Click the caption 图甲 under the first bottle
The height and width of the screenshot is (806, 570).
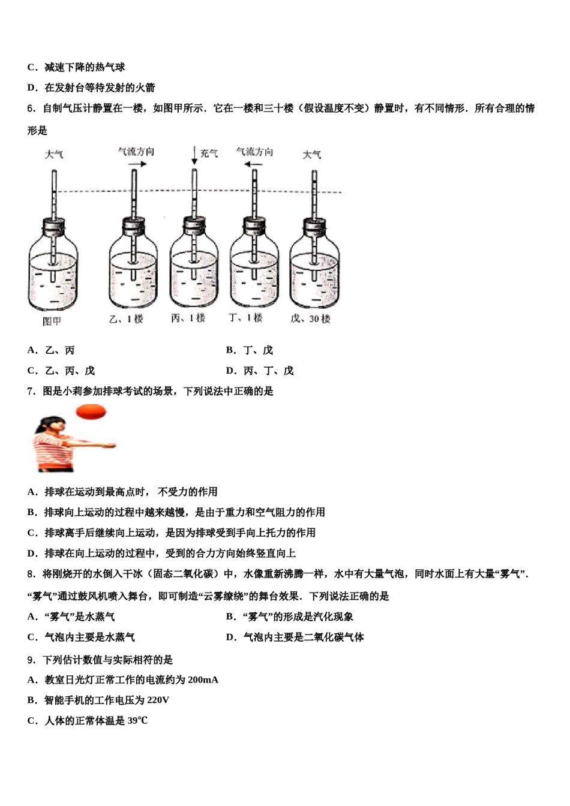click(52, 321)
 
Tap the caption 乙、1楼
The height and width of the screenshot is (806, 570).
click(126, 319)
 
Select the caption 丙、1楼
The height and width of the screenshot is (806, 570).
click(188, 318)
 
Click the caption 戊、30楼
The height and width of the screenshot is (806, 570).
click(310, 318)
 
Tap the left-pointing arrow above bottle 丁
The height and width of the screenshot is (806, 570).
click(254, 163)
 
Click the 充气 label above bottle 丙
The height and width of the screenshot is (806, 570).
click(209, 154)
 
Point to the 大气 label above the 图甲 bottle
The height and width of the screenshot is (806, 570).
click(54, 155)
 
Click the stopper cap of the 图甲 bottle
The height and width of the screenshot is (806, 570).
click(53, 227)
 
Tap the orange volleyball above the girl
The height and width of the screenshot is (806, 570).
click(91, 411)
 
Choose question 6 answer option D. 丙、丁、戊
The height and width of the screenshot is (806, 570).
click(260, 371)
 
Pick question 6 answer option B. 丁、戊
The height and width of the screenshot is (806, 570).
click(250, 350)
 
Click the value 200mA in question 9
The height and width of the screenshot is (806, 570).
click(203, 679)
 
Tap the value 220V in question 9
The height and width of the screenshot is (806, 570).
click(157, 700)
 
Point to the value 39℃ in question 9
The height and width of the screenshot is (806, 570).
click(137, 720)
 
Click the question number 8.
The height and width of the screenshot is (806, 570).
click(31, 574)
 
